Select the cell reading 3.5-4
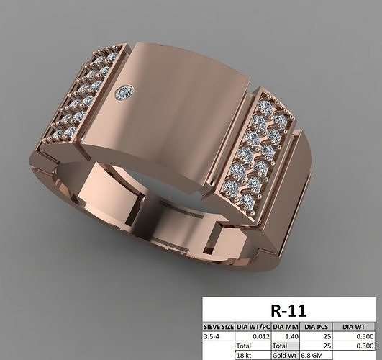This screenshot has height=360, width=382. [x=216, y=336]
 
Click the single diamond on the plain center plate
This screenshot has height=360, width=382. [x=125, y=91]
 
